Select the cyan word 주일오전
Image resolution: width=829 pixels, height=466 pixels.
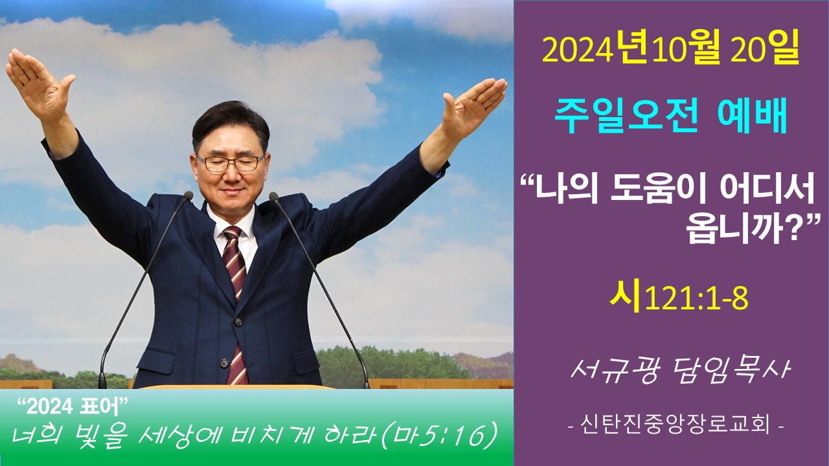click(626, 117)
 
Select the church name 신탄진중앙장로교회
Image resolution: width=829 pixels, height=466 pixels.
click(676, 426)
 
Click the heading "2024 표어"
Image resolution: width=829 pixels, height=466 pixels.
click(73, 408)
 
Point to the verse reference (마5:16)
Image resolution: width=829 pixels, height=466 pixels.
click(440, 438)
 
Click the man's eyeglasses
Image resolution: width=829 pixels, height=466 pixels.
click(231, 162)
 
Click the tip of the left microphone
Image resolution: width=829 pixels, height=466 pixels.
click(188, 195)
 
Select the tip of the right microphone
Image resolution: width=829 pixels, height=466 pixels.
click(273, 196)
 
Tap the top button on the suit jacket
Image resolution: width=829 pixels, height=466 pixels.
click(238, 321)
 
